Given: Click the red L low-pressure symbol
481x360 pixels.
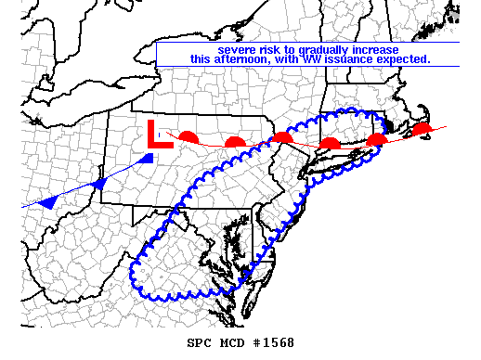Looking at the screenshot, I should pyautogui.click(x=158, y=135).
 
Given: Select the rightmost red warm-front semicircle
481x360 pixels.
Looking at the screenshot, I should pyautogui.click(x=422, y=128).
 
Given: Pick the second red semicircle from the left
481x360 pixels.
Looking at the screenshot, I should pyautogui.click(x=235, y=142).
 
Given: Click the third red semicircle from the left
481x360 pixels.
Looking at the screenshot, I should pyautogui.click(x=282, y=138).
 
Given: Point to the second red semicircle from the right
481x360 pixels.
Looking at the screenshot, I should pyautogui.click(x=376, y=140).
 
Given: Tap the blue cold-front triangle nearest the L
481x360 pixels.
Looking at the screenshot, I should pyautogui.click(x=145, y=160).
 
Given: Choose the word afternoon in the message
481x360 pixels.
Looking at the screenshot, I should pyautogui.click(x=242, y=58).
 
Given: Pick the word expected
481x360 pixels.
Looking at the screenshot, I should pyautogui.click(x=404, y=58).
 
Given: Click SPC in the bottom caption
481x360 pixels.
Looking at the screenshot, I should pyautogui.click(x=200, y=343).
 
